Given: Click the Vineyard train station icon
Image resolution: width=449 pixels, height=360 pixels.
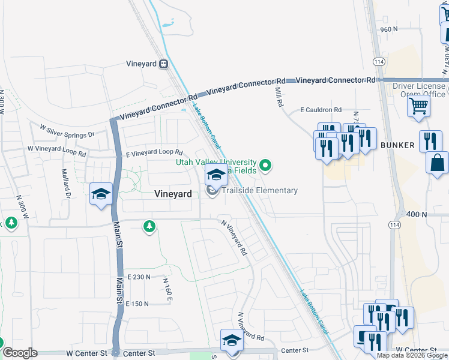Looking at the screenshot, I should point(163,64).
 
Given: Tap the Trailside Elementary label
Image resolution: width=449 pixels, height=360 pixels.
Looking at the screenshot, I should point(260,191).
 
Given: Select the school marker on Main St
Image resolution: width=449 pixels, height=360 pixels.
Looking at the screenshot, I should point(101,194).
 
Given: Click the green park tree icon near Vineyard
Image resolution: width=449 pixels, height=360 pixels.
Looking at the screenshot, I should point(149,226).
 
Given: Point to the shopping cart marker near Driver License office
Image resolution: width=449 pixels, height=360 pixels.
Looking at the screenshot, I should point(418,106).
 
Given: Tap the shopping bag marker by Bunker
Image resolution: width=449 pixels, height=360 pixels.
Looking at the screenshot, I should point(438,162).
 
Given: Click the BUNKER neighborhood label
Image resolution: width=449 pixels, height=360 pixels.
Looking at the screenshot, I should point(397,145).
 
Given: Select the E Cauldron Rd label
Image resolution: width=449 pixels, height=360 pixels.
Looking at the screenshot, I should point(321,110).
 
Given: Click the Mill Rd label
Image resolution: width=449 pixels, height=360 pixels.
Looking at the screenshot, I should point(278,96).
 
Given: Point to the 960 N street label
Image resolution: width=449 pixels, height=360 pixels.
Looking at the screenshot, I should point(389,29).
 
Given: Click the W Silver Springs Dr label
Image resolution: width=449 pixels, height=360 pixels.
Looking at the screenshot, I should point(67,129).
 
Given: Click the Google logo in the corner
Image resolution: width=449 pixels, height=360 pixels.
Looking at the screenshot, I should point(20,353).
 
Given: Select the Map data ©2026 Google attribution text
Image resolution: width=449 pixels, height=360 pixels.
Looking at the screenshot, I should point(412,355).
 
